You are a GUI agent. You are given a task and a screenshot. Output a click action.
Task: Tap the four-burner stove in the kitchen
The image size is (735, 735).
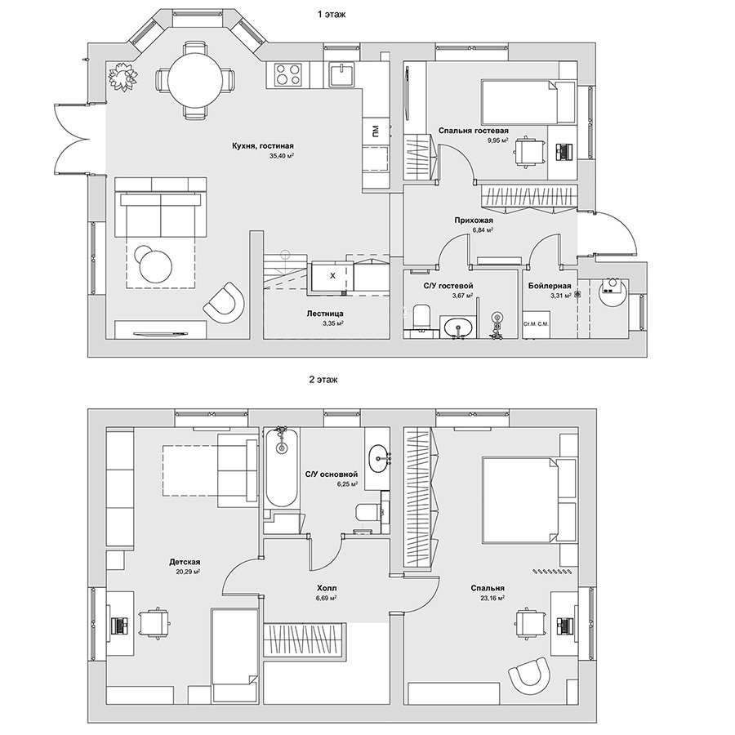point(287,74)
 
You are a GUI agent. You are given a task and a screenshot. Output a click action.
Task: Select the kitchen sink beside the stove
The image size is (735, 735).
point(344,74)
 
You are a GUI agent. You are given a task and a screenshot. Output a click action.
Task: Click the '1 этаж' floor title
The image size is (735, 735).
point(332,15)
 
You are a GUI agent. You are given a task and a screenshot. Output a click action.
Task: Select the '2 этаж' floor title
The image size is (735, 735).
point(323,380)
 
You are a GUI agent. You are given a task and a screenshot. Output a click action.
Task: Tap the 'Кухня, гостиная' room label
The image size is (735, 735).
point(262,146)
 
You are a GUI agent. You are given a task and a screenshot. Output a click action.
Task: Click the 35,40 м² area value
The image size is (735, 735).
point(281,156)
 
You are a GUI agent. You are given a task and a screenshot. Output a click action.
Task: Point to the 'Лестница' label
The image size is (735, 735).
point(325,314)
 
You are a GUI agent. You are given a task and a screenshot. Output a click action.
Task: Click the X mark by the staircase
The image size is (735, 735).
point(333,276)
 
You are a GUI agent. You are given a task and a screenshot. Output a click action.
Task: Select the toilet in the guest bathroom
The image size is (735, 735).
point(421,317)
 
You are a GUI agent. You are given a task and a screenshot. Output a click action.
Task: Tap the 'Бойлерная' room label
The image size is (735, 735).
point(550,286)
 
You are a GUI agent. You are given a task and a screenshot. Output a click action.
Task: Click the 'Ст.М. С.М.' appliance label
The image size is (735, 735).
point(537,324)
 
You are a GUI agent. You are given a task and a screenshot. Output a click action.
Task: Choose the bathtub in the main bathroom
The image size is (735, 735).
point(281,467)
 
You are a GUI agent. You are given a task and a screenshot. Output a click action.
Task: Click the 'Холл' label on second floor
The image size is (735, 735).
point(327,588)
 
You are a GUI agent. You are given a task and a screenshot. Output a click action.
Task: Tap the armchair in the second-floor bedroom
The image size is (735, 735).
point(528,677)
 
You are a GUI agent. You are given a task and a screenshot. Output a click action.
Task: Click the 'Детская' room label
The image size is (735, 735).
point(185,562)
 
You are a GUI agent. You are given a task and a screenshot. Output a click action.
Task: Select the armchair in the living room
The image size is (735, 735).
point(224,302)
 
